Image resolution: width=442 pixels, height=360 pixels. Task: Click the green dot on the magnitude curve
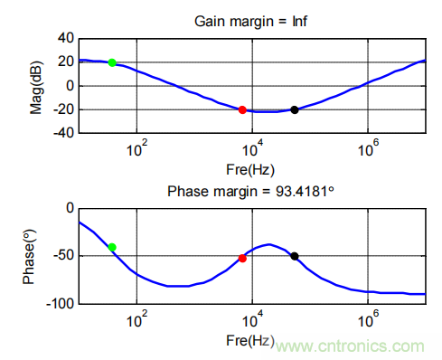[112, 62]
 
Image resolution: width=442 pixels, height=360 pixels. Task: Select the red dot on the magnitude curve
[242, 110]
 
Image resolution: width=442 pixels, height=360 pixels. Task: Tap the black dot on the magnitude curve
[295, 110]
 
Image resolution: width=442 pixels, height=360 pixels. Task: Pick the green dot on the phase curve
[112, 247]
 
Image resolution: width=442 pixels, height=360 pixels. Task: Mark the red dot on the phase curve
[242, 259]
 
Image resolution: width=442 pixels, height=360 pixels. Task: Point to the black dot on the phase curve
[295, 256]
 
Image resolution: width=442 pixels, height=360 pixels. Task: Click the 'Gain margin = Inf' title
[250, 22]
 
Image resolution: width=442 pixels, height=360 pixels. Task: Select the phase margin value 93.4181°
[305, 192]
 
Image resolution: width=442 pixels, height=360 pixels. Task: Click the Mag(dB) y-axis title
[36, 88]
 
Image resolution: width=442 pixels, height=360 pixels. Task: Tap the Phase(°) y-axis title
[29, 257]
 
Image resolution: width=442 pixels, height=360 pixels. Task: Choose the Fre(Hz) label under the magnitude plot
[250, 170]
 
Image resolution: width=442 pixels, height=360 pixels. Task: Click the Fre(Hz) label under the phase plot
[250, 341]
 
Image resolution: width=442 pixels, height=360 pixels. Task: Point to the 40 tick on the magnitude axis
[66, 38]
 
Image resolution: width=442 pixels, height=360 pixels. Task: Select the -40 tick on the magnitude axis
[63, 133]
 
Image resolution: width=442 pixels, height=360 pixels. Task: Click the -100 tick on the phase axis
[61, 304]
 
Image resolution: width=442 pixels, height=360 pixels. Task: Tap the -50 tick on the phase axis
[63, 256]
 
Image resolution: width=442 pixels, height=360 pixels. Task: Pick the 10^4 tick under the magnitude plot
[252, 148]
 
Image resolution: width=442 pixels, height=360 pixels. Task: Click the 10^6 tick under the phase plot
[368, 319]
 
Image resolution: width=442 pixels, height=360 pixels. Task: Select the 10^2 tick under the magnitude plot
[137, 148]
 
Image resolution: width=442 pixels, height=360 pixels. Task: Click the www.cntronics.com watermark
[350, 346]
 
